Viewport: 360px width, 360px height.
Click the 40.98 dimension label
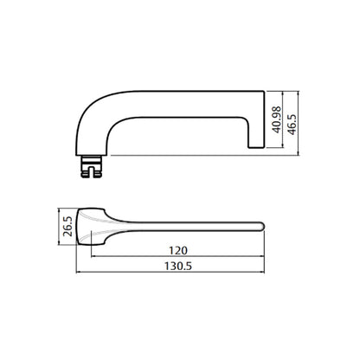point(277,119)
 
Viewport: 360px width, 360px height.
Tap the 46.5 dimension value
point(292,125)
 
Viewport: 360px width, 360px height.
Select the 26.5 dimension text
point(67,227)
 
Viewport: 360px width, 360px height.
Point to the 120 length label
point(178,250)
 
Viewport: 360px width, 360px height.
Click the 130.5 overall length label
point(178,266)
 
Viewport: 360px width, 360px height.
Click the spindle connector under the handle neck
point(91,167)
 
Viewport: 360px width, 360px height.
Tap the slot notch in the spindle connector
point(91,171)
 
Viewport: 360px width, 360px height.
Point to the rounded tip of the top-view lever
point(261,226)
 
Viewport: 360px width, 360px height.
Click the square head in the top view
point(91,227)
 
